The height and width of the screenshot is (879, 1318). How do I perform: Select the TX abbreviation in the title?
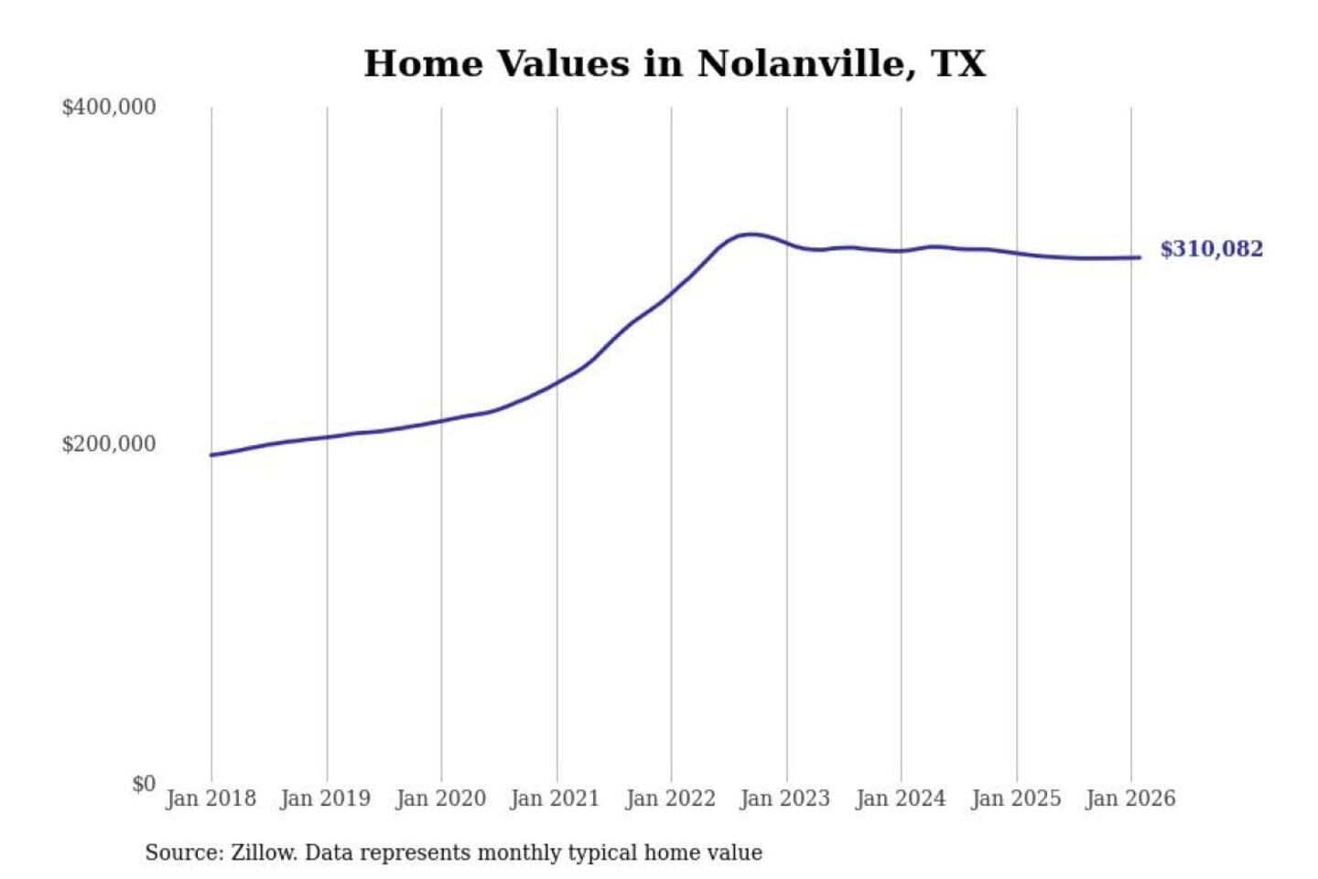pyautogui.click(x=958, y=64)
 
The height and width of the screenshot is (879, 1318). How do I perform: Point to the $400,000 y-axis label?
pyautogui.click(x=109, y=107)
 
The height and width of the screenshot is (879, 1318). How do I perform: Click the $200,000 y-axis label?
pyautogui.click(x=109, y=444)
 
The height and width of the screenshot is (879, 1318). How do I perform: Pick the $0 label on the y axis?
pyautogui.click(x=144, y=784)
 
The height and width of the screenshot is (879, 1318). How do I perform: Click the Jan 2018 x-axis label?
pyautogui.click(x=211, y=798)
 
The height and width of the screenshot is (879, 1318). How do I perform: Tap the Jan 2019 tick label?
pyautogui.click(x=326, y=798)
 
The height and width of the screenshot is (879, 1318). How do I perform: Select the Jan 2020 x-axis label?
pyautogui.click(x=440, y=798)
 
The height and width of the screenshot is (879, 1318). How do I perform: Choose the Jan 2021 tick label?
pyautogui.click(x=555, y=798)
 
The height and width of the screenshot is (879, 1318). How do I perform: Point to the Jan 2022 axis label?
pyautogui.click(x=670, y=798)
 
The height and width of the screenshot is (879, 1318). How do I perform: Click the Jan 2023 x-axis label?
pyautogui.click(x=784, y=798)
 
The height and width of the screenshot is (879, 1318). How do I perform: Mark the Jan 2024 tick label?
pyautogui.click(x=900, y=798)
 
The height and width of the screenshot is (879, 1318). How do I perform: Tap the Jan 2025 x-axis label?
pyautogui.click(x=1015, y=798)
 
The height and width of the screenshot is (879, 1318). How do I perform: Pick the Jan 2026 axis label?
pyautogui.click(x=1129, y=798)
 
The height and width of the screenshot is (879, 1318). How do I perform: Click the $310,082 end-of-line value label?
pyautogui.click(x=1211, y=249)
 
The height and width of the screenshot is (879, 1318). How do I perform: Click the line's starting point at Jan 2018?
pyautogui.click(x=211, y=455)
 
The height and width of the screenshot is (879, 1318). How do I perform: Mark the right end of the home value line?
pyautogui.click(x=1140, y=257)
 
